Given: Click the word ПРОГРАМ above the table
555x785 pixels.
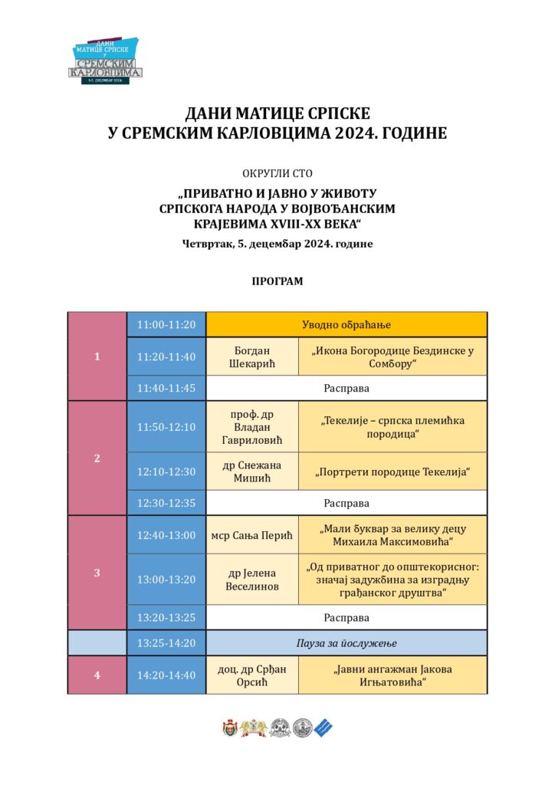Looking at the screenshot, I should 277,281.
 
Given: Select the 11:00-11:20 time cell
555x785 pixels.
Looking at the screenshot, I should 166,324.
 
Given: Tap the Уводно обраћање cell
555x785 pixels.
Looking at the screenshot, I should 346,324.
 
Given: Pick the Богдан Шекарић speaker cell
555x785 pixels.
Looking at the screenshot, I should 252,356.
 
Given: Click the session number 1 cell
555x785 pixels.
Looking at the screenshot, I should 97,356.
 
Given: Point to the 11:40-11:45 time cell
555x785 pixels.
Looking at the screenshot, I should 166,388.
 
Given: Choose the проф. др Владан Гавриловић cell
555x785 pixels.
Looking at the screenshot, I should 252,427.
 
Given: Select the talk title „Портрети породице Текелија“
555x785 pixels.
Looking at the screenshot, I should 392,471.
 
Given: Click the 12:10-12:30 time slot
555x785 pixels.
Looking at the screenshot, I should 166,471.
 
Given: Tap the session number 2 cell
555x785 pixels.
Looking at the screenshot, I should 97,458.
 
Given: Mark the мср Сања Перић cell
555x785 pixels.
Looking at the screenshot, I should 252,535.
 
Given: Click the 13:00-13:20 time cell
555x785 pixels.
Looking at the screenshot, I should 166,580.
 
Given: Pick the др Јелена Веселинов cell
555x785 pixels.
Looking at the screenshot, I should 252,580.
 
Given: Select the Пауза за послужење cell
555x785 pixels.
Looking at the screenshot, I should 346,643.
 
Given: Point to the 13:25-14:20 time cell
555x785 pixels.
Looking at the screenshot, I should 166,643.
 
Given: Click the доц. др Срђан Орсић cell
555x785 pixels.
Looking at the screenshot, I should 252,675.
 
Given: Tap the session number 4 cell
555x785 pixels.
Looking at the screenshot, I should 97,675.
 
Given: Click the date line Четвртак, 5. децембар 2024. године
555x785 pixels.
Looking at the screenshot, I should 277,245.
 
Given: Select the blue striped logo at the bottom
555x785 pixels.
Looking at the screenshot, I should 324,728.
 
